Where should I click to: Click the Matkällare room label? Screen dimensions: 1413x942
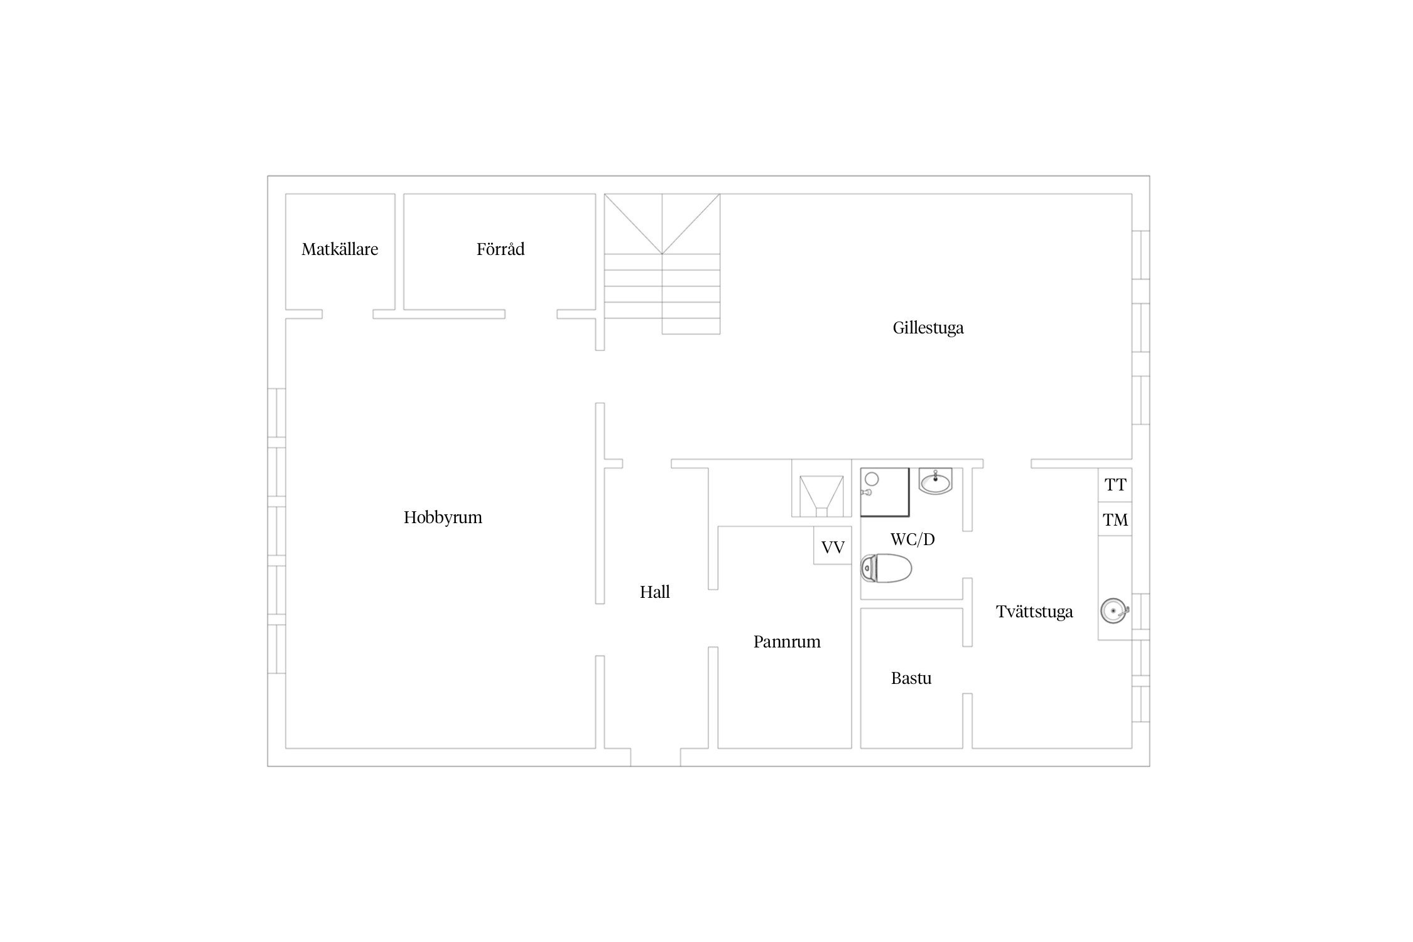pos(340,249)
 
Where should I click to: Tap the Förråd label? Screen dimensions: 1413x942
pos(501,249)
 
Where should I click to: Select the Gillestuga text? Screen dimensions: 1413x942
pos(928,328)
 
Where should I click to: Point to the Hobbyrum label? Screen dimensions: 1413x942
pos(443,517)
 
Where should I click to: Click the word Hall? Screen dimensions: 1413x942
pos(655,592)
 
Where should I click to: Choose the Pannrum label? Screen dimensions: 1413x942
pos(787,642)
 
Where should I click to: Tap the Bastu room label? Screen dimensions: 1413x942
pos(911,678)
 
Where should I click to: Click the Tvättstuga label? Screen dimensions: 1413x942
pos(1034,612)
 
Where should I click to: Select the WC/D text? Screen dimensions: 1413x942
pos(912,539)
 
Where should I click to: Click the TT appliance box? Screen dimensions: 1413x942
pos(1115,485)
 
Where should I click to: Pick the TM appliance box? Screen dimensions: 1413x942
pos(1115,519)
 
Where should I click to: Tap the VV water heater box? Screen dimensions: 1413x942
pos(833,546)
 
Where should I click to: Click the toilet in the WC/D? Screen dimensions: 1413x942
pos(885,568)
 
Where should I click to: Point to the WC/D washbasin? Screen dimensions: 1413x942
pos(936,481)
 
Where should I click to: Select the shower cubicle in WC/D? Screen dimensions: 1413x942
pos(885,492)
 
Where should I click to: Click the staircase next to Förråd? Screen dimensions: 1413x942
pos(662,264)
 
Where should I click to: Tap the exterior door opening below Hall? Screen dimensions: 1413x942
pos(656,757)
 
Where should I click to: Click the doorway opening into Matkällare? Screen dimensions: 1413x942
pos(348,314)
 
